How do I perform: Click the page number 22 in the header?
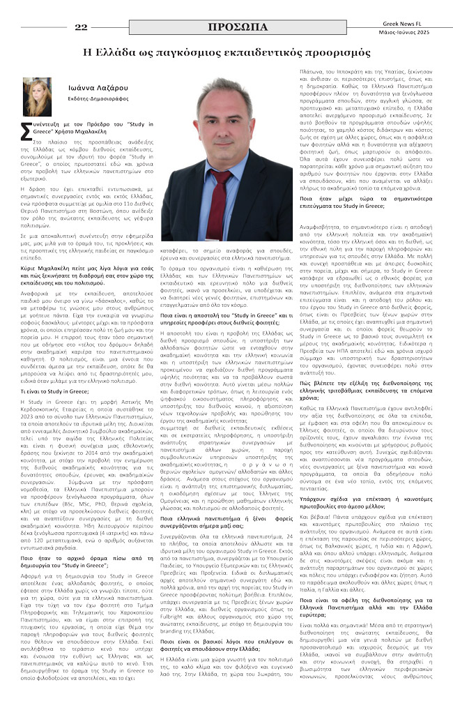click(x=81, y=27)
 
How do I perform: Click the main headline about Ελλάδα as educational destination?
click(x=227, y=52)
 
